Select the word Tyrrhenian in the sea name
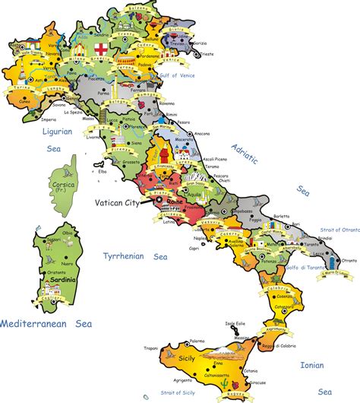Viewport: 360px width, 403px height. click(123, 257)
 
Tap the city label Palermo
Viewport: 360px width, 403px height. click(197, 341)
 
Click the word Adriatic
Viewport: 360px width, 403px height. click(245, 154)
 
